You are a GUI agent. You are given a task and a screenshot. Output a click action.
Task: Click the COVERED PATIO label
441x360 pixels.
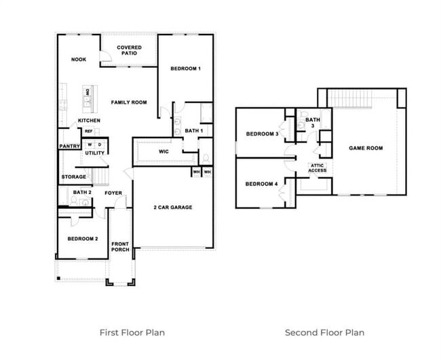click(129, 52)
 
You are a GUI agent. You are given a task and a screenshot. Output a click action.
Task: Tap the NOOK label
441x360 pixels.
click(79, 60)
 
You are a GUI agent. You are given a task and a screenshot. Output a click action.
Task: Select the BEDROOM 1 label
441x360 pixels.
click(185, 69)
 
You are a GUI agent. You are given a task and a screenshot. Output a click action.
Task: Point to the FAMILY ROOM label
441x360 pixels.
click(129, 102)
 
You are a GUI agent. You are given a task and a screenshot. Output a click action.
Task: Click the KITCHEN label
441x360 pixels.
click(89, 121)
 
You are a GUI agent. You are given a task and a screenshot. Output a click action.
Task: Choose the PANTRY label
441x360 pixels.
click(70, 146)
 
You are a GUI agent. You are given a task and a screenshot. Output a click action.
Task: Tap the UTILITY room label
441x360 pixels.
click(94, 153)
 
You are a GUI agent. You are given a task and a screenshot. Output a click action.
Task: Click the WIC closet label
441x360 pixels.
click(164, 152)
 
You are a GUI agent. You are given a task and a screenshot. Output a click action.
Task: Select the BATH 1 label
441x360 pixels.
click(194, 130)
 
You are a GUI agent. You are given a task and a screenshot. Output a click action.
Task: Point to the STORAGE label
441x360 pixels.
click(74, 177)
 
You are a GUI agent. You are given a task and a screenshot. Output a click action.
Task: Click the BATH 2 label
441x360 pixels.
click(82, 193)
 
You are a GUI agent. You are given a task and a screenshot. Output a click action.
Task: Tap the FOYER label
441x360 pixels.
click(113, 193)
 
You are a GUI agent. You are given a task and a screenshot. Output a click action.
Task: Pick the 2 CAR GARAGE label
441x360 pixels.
click(173, 207)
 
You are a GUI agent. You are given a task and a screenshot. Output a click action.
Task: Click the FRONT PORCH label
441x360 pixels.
click(120, 247)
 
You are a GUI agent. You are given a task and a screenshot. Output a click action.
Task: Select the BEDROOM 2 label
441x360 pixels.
click(83, 239)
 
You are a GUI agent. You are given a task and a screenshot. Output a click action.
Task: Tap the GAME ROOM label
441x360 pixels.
click(366, 148)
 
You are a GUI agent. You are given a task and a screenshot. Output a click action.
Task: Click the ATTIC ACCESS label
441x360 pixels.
click(317, 168)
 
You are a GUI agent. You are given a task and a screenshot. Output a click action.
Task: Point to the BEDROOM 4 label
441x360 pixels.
click(262, 184)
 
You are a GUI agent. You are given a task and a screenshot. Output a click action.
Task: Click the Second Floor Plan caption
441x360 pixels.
click(324, 332)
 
